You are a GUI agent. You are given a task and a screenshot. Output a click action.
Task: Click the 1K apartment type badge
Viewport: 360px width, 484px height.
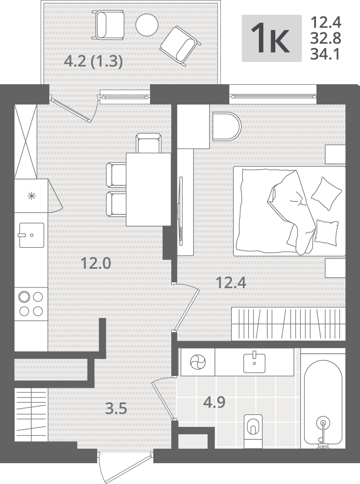pyautogui.click(x=271, y=38)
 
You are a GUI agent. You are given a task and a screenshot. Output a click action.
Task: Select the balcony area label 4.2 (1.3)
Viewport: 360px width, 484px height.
pyautogui.click(x=93, y=62)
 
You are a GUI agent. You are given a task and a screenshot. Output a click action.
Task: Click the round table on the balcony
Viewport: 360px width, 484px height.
pyautogui.click(x=147, y=24)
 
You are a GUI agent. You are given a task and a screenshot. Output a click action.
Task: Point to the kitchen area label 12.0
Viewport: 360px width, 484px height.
pyautogui.click(x=96, y=264)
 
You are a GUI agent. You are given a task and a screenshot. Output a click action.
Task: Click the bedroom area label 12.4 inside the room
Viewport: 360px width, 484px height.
pyautogui.click(x=231, y=283)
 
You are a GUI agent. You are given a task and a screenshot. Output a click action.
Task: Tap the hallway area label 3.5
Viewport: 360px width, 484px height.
pyautogui.click(x=116, y=409)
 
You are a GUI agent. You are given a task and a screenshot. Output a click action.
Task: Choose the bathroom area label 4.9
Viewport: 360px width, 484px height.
pyautogui.click(x=214, y=403)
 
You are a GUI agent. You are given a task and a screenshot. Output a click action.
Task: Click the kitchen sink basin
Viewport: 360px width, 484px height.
pyautogui.click(x=31, y=235)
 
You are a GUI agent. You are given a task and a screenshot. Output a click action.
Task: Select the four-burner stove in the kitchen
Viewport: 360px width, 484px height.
pyautogui.click(x=31, y=304)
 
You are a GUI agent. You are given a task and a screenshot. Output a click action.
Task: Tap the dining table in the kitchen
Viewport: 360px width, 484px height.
pyautogui.click(x=149, y=189)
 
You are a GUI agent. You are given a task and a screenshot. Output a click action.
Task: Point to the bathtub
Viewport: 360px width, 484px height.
pyautogui.click(x=323, y=398)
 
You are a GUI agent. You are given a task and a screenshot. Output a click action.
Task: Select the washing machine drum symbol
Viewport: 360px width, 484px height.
pyautogui.click(x=198, y=362)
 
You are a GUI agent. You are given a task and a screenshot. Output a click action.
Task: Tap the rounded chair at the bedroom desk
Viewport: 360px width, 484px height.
pyautogui.click(x=226, y=127)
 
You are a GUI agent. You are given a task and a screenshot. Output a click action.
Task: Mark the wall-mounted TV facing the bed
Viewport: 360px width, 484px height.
pyautogui.click(x=181, y=211)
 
